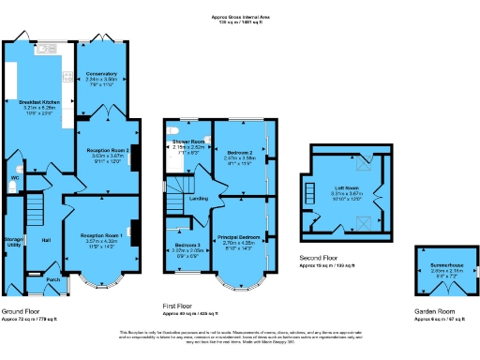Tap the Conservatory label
pyautogui.click(x=100, y=73)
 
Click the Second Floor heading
pyautogui.click(x=320, y=260)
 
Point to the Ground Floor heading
pyautogui.click(x=21, y=311)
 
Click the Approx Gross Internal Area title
pyautogui.click(x=241, y=16)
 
